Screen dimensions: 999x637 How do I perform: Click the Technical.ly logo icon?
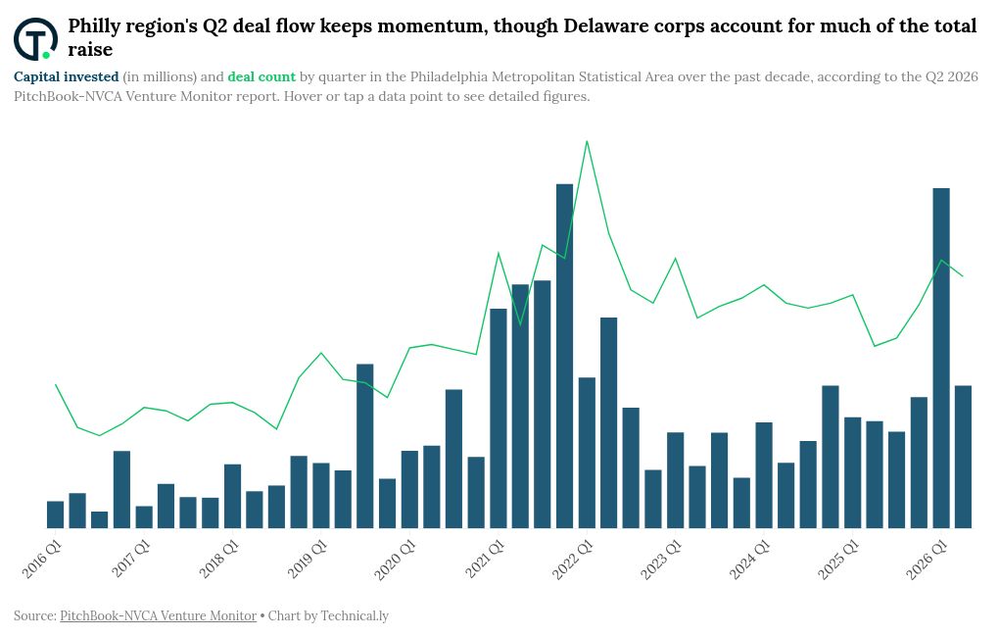[x=35, y=38]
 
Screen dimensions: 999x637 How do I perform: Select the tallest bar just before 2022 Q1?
[x=564, y=356]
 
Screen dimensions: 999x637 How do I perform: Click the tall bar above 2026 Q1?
[x=941, y=358]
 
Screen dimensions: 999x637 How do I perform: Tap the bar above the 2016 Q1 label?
[x=56, y=514]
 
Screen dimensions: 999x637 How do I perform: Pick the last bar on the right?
[x=964, y=457]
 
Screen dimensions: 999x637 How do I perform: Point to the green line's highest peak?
[x=587, y=141]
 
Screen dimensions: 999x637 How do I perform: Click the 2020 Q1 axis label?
[x=395, y=560]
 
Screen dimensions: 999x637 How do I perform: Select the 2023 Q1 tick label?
[x=661, y=560]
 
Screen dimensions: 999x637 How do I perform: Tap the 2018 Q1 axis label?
[x=218, y=560]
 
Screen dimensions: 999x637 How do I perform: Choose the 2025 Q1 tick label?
[x=838, y=560]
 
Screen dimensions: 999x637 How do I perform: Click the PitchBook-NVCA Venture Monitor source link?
[x=158, y=616]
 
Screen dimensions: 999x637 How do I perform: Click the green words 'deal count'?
[x=262, y=76]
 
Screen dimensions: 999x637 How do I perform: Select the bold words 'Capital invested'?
[x=67, y=76]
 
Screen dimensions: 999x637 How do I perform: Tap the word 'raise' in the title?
[x=90, y=50]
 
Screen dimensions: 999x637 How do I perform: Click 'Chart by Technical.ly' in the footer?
[x=328, y=616]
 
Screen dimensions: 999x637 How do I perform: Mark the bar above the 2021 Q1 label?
[x=499, y=418]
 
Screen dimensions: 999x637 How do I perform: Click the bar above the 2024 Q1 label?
[x=764, y=475]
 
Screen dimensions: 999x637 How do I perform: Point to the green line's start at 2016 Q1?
[x=56, y=384]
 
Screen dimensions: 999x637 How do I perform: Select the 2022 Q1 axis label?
[x=573, y=560]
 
